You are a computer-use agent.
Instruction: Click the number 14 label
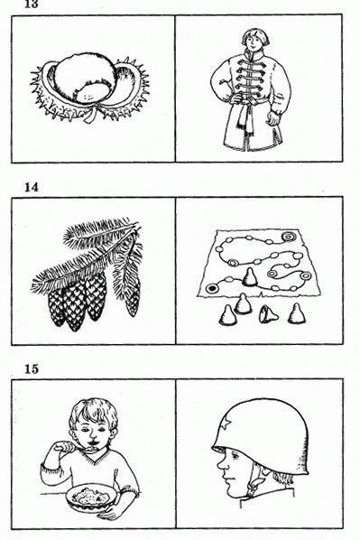tap(22, 187)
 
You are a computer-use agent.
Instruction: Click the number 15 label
tap(22, 368)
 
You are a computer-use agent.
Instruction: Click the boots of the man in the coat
tap(245, 144)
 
